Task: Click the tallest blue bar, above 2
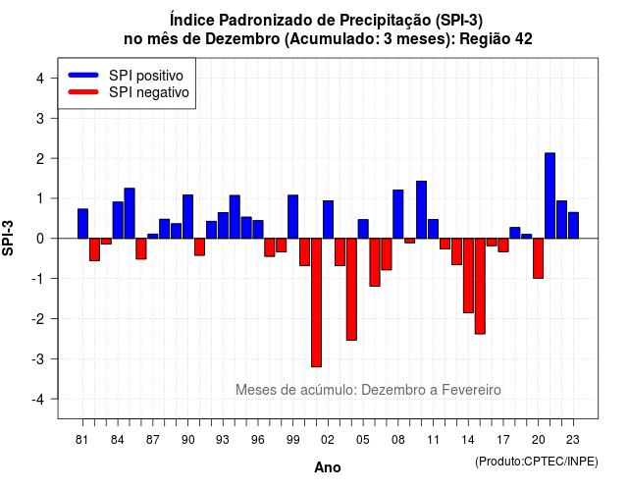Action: click(549, 195)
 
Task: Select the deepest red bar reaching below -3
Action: click(316, 302)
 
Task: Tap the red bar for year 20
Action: click(539, 258)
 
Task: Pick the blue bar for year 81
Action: click(82, 224)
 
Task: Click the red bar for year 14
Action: click(468, 275)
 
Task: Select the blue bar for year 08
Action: click(398, 214)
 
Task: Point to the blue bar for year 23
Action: click(573, 225)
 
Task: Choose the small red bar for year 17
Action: click(503, 245)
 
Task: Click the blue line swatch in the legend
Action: click(83, 75)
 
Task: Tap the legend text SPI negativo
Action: click(149, 92)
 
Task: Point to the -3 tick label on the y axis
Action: click(38, 358)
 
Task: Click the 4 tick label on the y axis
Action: click(40, 78)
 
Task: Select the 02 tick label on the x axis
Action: click(328, 440)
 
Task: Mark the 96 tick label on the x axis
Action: click(258, 440)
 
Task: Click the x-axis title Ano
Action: click(328, 467)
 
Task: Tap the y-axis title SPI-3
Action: click(8, 239)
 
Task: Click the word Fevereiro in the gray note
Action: click(471, 390)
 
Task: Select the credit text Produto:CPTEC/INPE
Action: click(537, 462)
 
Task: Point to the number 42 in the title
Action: click(523, 39)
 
